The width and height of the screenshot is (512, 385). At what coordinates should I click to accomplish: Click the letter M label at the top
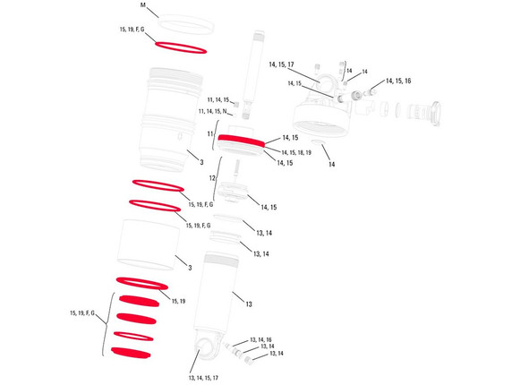pos(142,5)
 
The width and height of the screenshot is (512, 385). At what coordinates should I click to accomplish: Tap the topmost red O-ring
pos(181,47)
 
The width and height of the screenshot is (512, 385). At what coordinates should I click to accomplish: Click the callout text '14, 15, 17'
pos(281,64)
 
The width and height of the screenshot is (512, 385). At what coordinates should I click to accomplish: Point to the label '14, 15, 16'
pos(398,81)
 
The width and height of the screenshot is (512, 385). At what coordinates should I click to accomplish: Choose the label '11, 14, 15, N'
pos(212,111)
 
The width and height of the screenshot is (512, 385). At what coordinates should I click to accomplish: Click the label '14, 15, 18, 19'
pos(296,152)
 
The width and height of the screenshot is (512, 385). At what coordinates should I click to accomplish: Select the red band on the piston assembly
pos(242,140)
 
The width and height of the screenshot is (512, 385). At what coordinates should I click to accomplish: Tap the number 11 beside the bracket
pos(210,134)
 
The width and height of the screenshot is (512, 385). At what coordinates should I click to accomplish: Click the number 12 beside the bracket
pos(212,178)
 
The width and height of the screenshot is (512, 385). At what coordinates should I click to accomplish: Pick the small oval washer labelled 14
pos(318,141)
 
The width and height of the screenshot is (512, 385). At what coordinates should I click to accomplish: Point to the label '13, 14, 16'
pos(260,340)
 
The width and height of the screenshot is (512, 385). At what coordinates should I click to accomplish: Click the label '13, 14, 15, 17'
pos(203,378)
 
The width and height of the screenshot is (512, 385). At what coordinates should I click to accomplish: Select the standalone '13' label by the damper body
pos(249,304)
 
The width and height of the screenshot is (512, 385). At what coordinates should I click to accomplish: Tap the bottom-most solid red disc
pos(131,353)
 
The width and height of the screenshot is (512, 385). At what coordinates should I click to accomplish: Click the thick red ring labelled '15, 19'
pos(142,284)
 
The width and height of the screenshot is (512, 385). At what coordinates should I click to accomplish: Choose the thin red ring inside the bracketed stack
pos(133,336)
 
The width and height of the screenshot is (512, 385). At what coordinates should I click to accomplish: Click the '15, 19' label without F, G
pos(178,301)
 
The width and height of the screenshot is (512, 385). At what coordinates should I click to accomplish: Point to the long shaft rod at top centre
pos(253,75)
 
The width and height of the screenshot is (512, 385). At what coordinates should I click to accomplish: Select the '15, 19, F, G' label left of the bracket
pos(82,313)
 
